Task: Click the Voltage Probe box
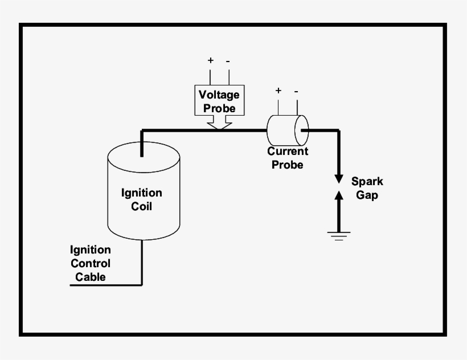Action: pyautogui.click(x=219, y=100)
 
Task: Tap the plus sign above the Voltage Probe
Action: pyautogui.click(x=210, y=60)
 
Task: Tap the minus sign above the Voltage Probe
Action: pyautogui.click(x=228, y=60)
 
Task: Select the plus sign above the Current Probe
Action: pyautogui.click(x=278, y=90)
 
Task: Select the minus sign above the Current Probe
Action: pyautogui.click(x=296, y=91)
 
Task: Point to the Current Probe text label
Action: pyautogui.click(x=288, y=158)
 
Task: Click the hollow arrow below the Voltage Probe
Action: pyautogui.click(x=219, y=122)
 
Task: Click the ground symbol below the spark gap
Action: pyautogui.click(x=339, y=235)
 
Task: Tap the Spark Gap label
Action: pyautogui.click(x=367, y=188)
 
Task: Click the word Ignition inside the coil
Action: pyautogui.click(x=141, y=193)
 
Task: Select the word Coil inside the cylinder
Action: pyautogui.click(x=141, y=206)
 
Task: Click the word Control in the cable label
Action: pyautogui.click(x=91, y=264)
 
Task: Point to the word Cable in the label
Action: pyautogui.click(x=91, y=277)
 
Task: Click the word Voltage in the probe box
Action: pyautogui.click(x=219, y=95)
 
